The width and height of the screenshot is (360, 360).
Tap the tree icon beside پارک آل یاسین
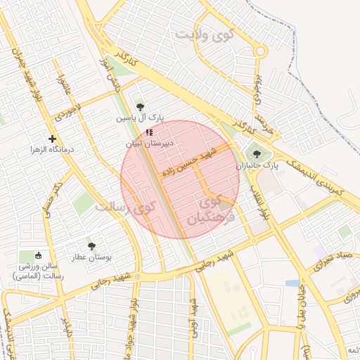pos(139,107)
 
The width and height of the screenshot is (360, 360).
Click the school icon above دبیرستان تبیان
pos(148,132)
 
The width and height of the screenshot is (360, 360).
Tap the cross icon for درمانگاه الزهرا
pos(52,139)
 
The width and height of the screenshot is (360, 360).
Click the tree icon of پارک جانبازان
pos(255,154)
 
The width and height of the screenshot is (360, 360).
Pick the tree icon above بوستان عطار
pos(91,246)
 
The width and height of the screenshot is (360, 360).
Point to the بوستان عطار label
pos(92,258)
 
